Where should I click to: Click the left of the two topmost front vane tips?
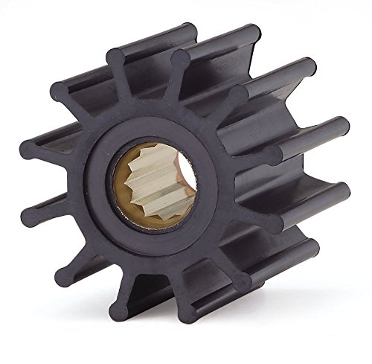click(x=115, y=56)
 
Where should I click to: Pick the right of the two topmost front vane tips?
click(x=180, y=58)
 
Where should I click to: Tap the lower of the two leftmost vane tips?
click(x=30, y=218)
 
